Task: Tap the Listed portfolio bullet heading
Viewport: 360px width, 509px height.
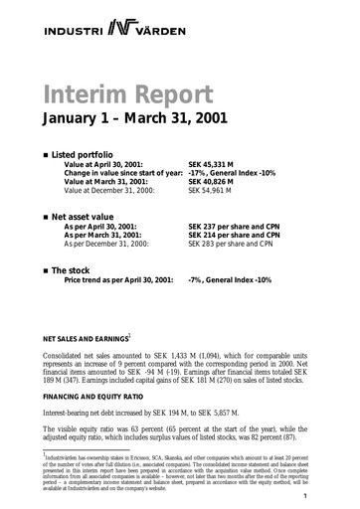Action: (84, 157)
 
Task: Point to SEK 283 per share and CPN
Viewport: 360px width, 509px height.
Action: (235, 242)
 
